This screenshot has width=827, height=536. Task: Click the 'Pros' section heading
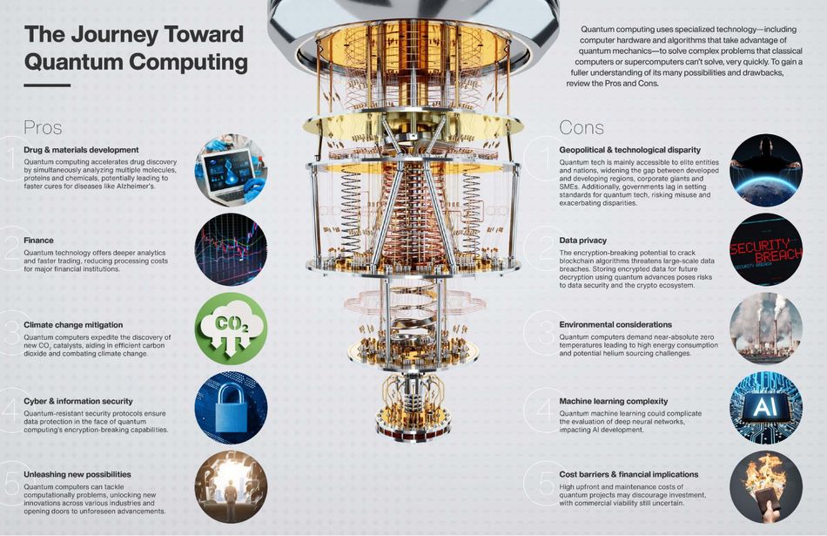[x=43, y=127]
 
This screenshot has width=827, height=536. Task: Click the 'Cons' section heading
[x=582, y=127]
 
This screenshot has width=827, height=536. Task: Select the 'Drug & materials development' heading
[x=82, y=150]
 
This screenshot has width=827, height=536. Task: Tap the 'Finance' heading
[x=39, y=241]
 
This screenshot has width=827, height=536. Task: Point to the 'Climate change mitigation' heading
[x=74, y=325]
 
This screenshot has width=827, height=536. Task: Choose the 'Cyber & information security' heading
[x=77, y=402]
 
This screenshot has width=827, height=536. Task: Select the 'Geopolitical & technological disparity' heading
[x=631, y=150]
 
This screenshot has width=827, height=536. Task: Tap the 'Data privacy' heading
[x=583, y=240]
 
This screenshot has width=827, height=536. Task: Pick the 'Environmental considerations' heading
[x=615, y=325]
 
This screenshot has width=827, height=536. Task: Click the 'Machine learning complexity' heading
[x=614, y=402]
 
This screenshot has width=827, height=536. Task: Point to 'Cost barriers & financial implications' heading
[x=629, y=475]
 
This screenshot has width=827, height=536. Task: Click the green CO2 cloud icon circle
[x=231, y=329]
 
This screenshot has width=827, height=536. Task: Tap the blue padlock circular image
[x=231, y=407]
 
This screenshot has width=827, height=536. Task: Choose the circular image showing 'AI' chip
[x=765, y=407]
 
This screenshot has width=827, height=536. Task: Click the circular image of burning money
[x=765, y=485]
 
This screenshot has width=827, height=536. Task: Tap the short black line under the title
[x=47, y=85]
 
